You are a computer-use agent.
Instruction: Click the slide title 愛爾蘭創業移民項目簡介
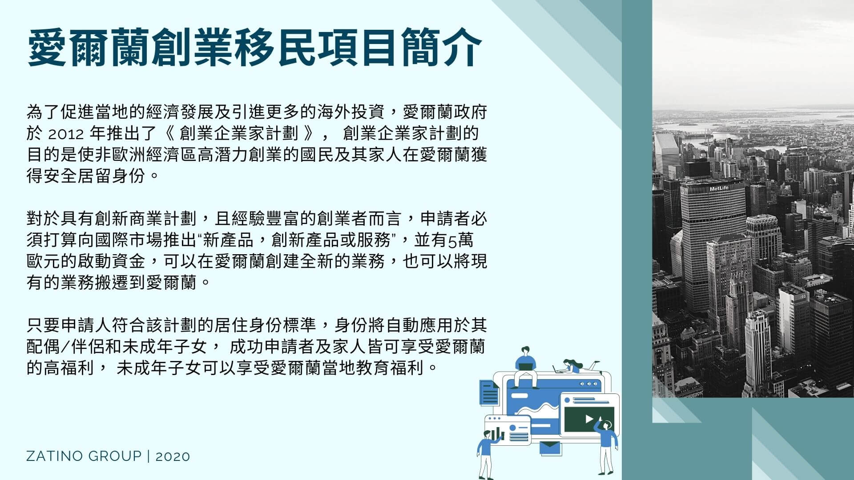coord(255,48)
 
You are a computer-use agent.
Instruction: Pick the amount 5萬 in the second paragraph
coord(460,240)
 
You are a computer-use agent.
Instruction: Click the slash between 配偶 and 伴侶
coord(66,347)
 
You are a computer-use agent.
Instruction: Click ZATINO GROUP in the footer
coord(84,456)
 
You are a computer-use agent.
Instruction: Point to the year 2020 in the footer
coord(173,456)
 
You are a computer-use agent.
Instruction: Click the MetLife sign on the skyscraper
coord(719,188)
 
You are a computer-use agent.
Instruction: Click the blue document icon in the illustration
coord(489,392)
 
